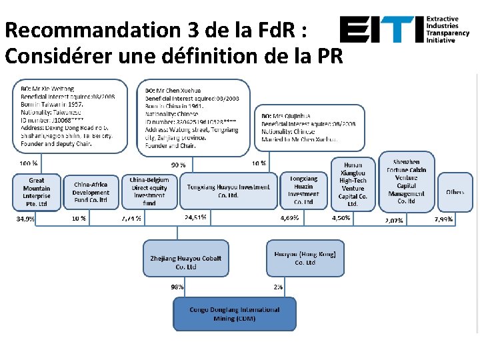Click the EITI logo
(403, 30)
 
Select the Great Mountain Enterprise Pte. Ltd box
(37, 192)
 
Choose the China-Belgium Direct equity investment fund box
(149, 191)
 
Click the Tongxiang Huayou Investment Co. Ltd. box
(229, 191)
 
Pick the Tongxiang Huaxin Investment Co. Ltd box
(303, 191)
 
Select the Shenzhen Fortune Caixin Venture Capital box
(406, 181)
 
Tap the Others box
(455, 192)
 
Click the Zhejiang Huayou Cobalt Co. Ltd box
(186, 262)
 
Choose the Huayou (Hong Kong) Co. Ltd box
(305, 258)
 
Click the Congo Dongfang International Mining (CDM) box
(235, 314)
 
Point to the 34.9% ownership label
(26, 218)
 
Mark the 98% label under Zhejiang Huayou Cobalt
(177, 287)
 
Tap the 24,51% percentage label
(195, 217)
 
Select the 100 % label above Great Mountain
(29, 163)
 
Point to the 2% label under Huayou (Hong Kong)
(278, 287)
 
